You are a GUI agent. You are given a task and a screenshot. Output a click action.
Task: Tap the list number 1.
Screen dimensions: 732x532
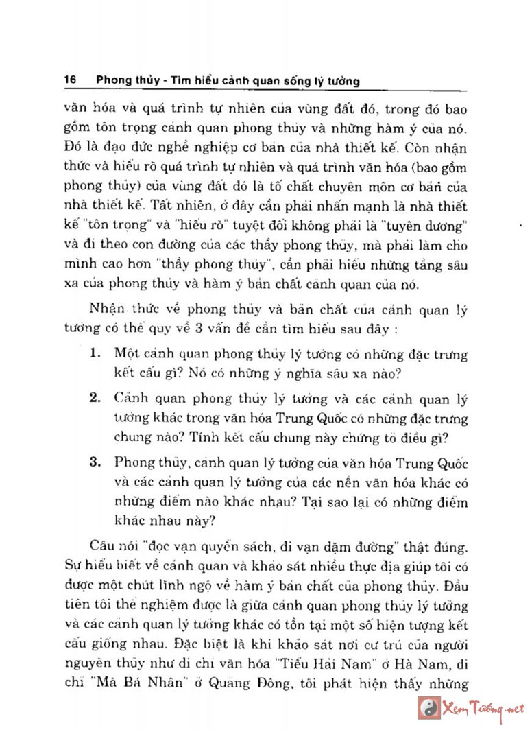pos(95,354)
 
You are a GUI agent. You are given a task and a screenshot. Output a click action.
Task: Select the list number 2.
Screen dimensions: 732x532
pos(95,397)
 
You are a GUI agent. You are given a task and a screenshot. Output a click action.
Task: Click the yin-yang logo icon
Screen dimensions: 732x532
pos(429,706)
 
